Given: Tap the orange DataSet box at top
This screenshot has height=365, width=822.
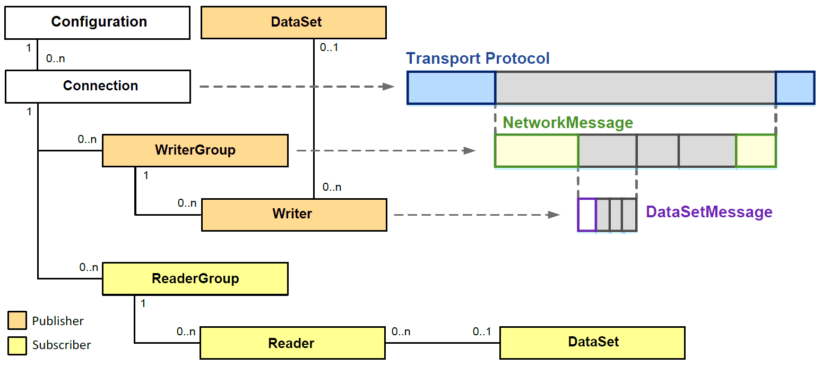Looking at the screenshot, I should pyautogui.click(x=293, y=22).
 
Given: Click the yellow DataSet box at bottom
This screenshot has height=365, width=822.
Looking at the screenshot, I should pyautogui.click(x=592, y=343).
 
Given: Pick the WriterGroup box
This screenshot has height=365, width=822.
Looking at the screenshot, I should pyautogui.click(x=195, y=150).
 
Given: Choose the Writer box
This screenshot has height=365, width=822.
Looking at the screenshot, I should pyautogui.click(x=294, y=215).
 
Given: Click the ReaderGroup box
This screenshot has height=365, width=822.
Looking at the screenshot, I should pyautogui.click(x=195, y=279).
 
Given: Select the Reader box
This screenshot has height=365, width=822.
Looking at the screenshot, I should pyautogui.click(x=292, y=344).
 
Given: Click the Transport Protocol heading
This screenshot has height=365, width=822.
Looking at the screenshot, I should pyautogui.click(x=478, y=58).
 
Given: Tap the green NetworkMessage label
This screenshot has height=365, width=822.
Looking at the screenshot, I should pyautogui.click(x=568, y=123).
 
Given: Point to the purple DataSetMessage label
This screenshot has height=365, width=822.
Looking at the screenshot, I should pyautogui.click(x=709, y=212).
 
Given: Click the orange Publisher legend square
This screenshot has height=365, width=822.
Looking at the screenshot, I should pyautogui.click(x=17, y=321).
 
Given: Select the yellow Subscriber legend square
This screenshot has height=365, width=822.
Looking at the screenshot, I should pyautogui.click(x=17, y=345).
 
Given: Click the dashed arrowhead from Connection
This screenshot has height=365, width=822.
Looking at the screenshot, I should pyautogui.click(x=390, y=87).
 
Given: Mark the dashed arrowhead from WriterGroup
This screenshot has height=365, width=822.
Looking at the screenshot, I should pyautogui.click(x=469, y=150).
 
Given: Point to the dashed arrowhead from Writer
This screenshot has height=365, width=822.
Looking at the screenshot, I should pyautogui.click(x=554, y=215).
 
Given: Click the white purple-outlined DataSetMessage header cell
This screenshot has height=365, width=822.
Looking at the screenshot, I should pyautogui.click(x=587, y=215).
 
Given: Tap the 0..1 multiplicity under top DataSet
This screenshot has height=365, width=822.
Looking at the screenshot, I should pyautogui.click(x=329, y=48).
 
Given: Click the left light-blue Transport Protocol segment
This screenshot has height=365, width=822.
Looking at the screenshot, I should pyautogui.click(x=451, y=87).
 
